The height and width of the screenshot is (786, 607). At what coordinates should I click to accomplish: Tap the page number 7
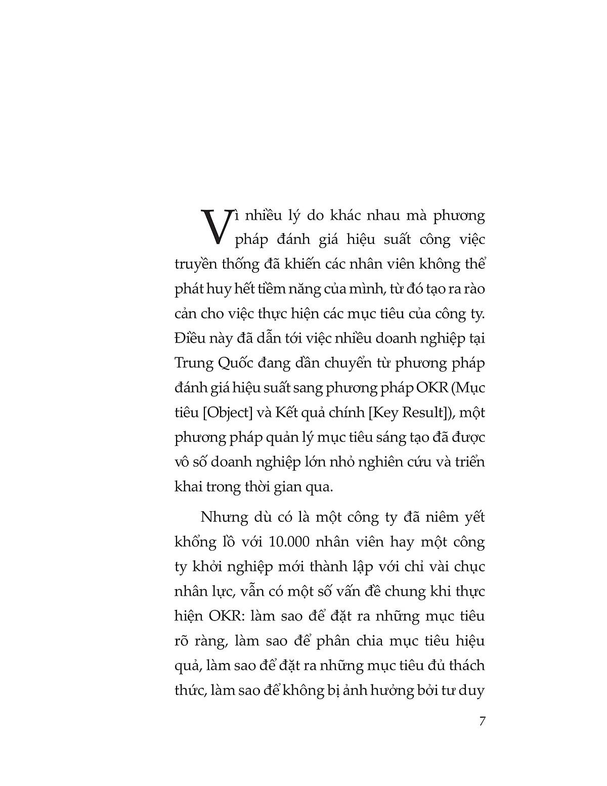click(x=482, y=721)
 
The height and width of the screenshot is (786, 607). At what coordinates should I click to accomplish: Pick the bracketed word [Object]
click(x=227, y=412)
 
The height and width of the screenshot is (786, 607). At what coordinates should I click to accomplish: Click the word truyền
click(x=199, y=265)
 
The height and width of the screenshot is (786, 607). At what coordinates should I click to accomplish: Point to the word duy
click(x=474, y=690)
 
